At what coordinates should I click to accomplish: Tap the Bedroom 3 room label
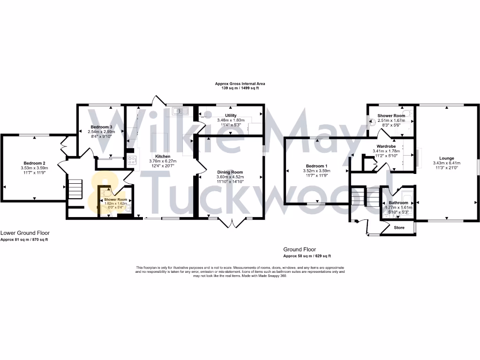coord(101,127)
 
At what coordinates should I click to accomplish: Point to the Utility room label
coord(231,115)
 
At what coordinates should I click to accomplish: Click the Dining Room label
coord(230,172)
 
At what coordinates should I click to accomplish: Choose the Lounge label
coord(446,158)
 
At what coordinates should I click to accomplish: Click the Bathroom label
coord(398,202)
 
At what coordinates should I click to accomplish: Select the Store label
coord(399,228)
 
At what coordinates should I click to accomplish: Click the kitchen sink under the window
coord(180,111)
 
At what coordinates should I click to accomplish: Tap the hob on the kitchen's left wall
coord(131,160)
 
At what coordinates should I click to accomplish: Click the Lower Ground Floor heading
coord(25,233)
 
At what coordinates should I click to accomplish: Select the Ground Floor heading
coord(300,249)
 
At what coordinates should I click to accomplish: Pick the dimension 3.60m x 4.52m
coord(230,177)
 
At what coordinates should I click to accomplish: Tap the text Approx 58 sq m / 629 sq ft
coord(307,256)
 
